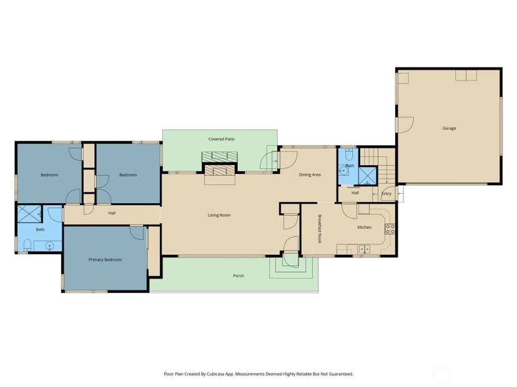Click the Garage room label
click(x=449, y=128)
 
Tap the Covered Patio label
click(x=221, y=139)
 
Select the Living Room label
click(x=219, y=215)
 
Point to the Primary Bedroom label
click(x=105, y=260)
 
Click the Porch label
click(x=239, y=276)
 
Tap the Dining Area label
click(x=310, y=174)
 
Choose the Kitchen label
click(x=365, y=227)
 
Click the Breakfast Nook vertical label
click(x=320, y=229)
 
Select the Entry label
click(x=386, y=193)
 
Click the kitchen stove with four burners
click(x=390, y=229)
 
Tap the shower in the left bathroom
click(x=29, y=214)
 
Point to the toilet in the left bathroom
click(x=27, y=245)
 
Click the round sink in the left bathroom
click(x=49, y=246)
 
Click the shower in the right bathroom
click(x=367, y=176)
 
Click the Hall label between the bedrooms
click(x=112, y=213)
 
